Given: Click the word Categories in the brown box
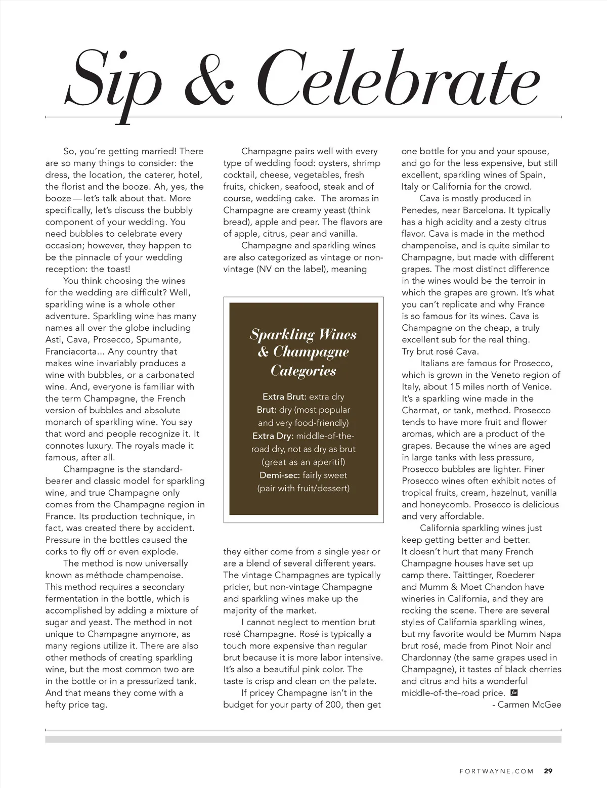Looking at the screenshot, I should point(303,371).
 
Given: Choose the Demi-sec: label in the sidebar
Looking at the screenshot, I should point(282,475).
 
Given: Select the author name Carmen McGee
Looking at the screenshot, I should point(529,705).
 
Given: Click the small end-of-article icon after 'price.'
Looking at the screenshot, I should point(513,693).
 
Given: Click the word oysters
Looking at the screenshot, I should point(336,163).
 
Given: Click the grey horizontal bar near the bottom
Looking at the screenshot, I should point(303,739).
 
